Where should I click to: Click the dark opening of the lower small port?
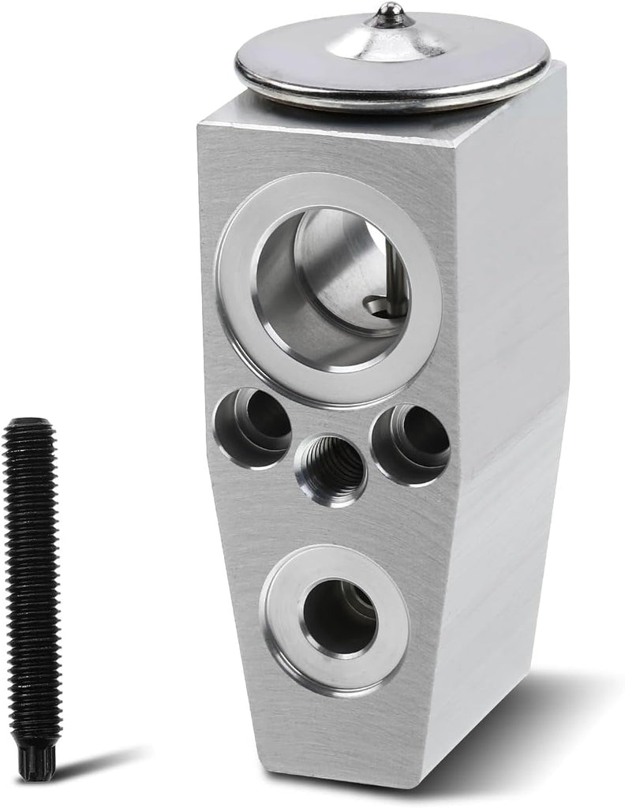pos(339,615)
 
